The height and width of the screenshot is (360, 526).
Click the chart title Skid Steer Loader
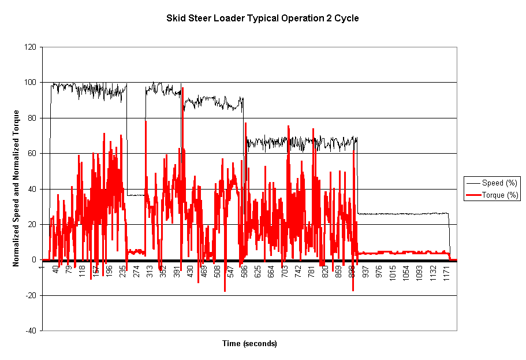[263, 18]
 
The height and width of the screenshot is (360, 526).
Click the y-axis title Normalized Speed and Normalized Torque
[17, 188]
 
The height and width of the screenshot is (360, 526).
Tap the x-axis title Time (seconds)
[249, 343]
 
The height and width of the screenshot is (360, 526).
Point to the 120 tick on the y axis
[29, 47]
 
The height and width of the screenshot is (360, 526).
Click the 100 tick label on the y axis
[29, 83]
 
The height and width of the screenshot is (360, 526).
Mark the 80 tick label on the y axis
[31, 118]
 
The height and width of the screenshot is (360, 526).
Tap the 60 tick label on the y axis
[31, 154]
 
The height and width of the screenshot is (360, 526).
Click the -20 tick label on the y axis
[30, 295]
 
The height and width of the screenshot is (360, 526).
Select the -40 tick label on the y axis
[30, 331]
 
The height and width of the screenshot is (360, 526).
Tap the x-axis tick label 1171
[446, 273]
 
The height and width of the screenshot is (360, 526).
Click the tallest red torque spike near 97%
[182, 88]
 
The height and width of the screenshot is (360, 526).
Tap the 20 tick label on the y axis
[31, 224]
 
